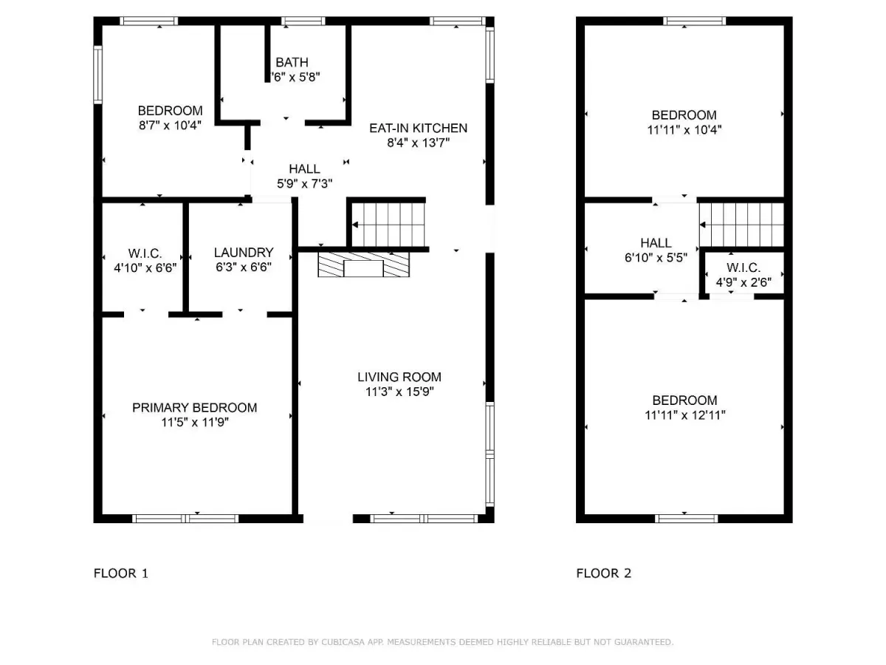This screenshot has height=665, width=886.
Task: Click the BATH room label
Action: coord(292,63)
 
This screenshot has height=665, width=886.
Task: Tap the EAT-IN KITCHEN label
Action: coord(418,128)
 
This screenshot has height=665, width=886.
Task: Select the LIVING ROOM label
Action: coord(399,377)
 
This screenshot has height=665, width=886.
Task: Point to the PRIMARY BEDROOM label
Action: coord(195,408)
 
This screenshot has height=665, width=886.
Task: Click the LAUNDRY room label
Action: coord(244,253)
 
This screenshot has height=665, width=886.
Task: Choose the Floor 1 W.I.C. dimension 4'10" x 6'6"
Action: coord(145,268)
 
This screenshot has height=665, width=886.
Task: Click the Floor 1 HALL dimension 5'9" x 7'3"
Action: coord(304,184)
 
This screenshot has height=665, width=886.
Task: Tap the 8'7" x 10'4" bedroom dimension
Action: coord(170,126)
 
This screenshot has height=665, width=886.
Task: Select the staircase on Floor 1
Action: coord(388,225)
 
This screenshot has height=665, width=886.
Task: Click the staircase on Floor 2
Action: coord(741,225)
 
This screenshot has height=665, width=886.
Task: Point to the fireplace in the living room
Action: coord(364,265)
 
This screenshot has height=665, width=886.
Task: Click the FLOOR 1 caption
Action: coord(121,573)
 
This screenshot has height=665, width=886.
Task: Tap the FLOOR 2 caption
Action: coord(603,573)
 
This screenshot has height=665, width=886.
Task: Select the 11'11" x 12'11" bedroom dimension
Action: coord(684,415)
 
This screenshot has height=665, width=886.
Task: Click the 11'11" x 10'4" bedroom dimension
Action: coord(684,130)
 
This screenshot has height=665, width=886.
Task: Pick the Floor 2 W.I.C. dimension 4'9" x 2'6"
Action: coord(744,283)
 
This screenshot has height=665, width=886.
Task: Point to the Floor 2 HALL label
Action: coord(656,243)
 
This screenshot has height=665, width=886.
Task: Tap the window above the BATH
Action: coord(303,21)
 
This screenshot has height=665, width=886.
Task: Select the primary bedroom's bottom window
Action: coord(185,519)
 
